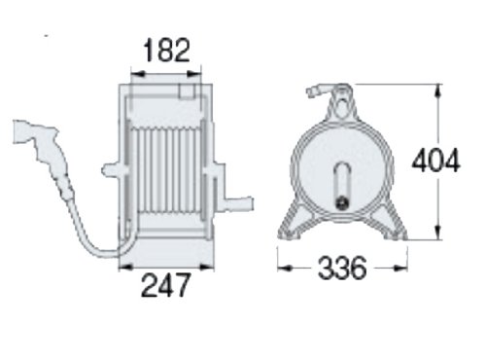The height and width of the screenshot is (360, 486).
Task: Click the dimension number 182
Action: coord(166,50)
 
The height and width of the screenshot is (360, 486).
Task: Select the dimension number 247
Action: coord(165,285)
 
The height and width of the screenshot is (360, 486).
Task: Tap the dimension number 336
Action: coord(342,268)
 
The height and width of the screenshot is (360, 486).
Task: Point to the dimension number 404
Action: coord(435,160)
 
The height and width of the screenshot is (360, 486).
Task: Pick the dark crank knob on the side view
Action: coord(342,203)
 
